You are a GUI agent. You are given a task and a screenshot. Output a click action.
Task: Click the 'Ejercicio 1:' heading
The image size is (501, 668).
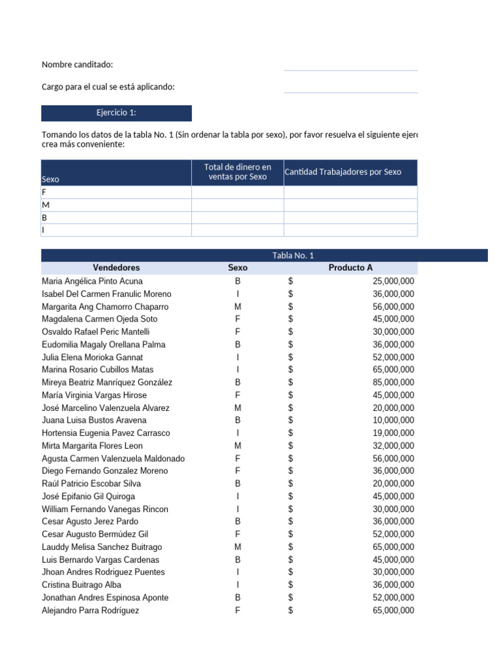(116, 113)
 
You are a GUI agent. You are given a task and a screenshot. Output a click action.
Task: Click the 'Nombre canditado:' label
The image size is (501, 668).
(77, 65)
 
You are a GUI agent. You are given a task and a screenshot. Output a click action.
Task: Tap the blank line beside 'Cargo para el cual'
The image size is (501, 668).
(350, 87)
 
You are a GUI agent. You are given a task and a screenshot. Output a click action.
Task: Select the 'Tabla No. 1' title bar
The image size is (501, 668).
(293, 255)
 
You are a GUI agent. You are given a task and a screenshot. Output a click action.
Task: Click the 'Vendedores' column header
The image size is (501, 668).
(116, 267)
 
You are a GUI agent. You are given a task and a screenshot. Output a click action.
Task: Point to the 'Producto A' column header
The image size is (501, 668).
(350, 267)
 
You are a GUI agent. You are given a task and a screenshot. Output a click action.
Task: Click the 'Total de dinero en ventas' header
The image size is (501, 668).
(237, 172)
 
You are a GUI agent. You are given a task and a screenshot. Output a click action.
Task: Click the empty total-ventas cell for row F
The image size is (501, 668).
(237, 192)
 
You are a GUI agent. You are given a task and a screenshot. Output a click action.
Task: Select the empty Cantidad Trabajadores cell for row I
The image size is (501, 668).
(350, 230)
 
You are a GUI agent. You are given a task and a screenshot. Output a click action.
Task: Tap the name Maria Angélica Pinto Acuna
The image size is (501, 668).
(92, 281)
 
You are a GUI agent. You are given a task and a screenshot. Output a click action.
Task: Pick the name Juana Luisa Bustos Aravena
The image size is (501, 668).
(94, 420)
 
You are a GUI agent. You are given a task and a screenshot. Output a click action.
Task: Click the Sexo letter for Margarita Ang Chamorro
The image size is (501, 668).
(237, 307)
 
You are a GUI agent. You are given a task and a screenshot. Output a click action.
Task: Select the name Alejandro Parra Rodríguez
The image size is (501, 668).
(90, 611)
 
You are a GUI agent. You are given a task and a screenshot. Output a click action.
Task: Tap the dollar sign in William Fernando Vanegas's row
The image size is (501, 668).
(290, 509)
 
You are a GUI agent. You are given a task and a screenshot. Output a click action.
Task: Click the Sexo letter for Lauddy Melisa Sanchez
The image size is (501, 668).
(237, 547)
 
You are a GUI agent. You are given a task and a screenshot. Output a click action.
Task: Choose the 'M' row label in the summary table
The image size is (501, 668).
(45, 205)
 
